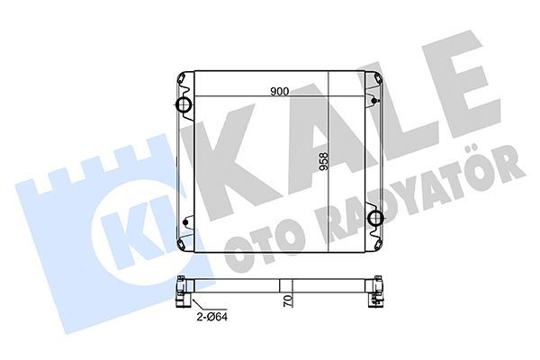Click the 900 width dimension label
pos(279,92)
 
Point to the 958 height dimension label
pos(324,162)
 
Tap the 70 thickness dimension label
pos(289,301)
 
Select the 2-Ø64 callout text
pos(212,317)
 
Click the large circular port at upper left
pos(184,104)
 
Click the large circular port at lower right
pos(375,218)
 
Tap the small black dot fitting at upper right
pos(374,101)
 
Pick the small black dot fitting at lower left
pos(185,223)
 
